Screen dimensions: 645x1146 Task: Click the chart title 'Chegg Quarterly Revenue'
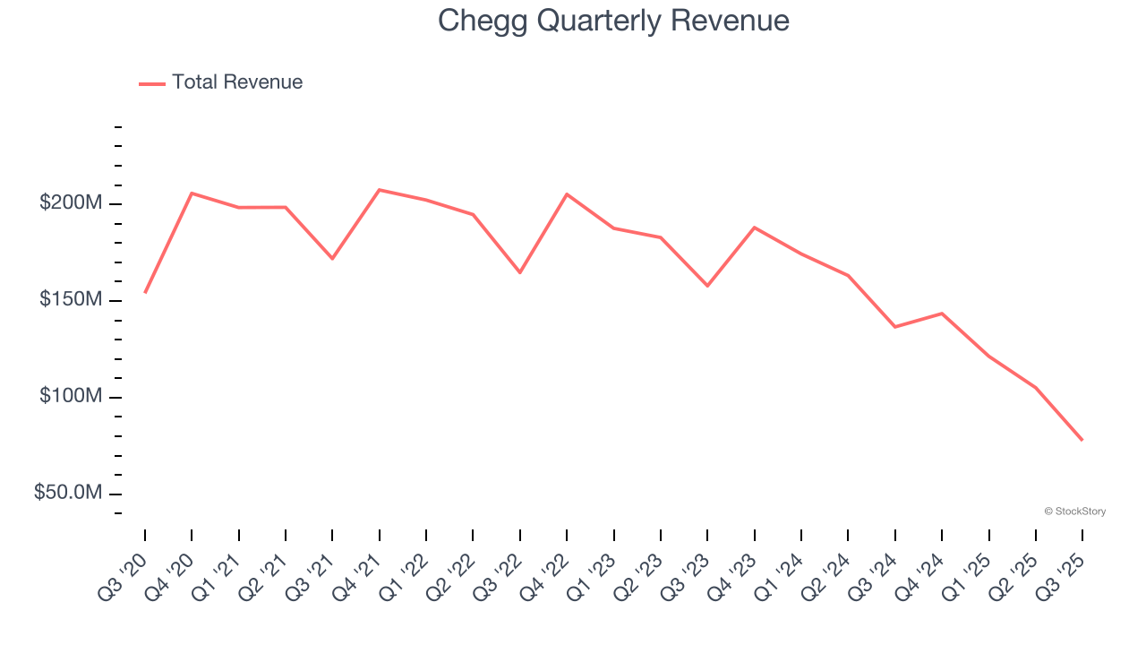pos(613,21)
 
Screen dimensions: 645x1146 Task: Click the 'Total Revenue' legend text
pos(237,82)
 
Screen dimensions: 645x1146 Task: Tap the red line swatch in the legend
pos(152,83)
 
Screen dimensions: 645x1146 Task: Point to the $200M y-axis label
pos(71,203)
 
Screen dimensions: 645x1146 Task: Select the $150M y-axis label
pos(71,300)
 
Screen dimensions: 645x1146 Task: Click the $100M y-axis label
pos(71,396)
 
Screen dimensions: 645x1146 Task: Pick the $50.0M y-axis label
pos(68,493)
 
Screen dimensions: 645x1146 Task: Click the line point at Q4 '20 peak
pos(192,193)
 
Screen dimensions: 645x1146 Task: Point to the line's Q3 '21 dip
pos(332,258)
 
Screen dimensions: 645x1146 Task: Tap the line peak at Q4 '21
pos(380,190)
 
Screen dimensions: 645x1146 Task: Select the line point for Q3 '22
pos(520,272)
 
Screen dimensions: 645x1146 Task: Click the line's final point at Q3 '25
pos(1082,440)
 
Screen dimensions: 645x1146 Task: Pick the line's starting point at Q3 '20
pos(145,292)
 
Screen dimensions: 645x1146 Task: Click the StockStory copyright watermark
pos(1074,512)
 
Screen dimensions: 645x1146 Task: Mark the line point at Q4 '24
pos(942,314)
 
